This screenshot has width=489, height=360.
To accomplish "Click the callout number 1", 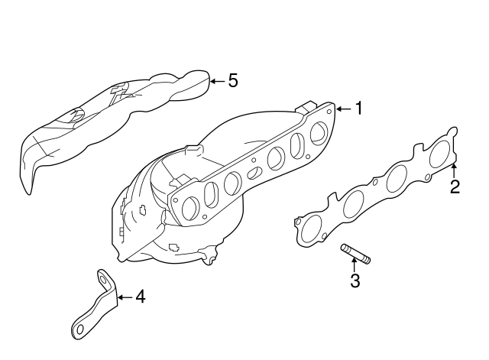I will click(x=358, y=109).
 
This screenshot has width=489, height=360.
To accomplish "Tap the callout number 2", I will click(x=455, y=186).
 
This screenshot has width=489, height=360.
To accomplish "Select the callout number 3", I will click(x=355, y=281).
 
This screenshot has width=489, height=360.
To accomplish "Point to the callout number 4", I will click(x=140, y=296).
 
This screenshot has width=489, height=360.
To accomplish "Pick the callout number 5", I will click(x=233, y=79).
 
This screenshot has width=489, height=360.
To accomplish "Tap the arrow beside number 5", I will click(x=217, y=79).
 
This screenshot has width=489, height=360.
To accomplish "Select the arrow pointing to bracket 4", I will click(x=125, y=296).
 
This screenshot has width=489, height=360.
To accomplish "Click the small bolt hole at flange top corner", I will click(x=329, y=110).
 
